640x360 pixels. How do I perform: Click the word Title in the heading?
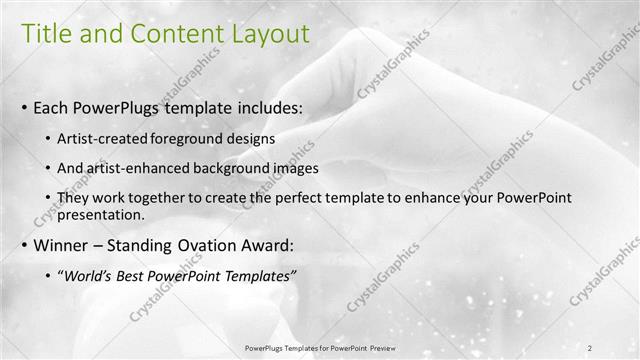click(x=45, y=35)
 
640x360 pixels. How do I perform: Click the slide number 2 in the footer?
click(x=591, y=348)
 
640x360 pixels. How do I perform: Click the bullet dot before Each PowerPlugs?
click(x=23, y=107)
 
